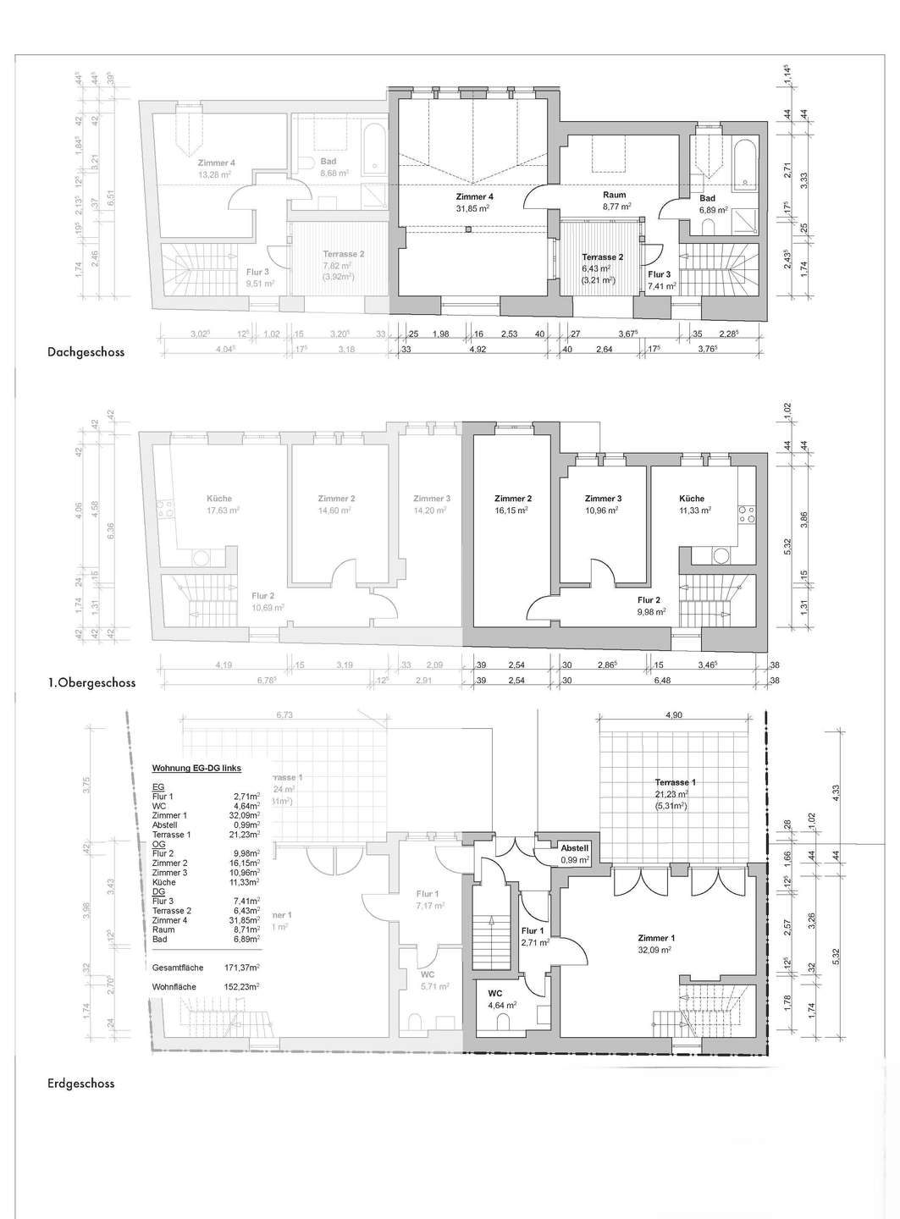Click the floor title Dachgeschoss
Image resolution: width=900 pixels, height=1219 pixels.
[x=86, y=352]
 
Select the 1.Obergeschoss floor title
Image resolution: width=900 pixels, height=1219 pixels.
[x=91, y=682]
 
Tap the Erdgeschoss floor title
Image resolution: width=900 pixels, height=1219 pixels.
[x=80, y=1083]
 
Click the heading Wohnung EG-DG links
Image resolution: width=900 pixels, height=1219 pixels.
[x=196, y=769]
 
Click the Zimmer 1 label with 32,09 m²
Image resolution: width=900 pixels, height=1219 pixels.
[x=656, y=944]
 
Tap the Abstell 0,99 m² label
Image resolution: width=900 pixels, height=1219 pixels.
[x=574, y=853]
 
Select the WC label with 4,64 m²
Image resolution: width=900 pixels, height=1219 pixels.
[x=495, y=999]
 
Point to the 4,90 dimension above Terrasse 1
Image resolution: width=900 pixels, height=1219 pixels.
[x=673, y=715]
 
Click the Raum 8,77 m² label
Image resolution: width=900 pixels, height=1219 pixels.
[x=615, y=201]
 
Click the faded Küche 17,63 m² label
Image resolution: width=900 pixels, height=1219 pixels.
[x=218, y=505]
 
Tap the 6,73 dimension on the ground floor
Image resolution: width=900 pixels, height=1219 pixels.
[x=284, y=715]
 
